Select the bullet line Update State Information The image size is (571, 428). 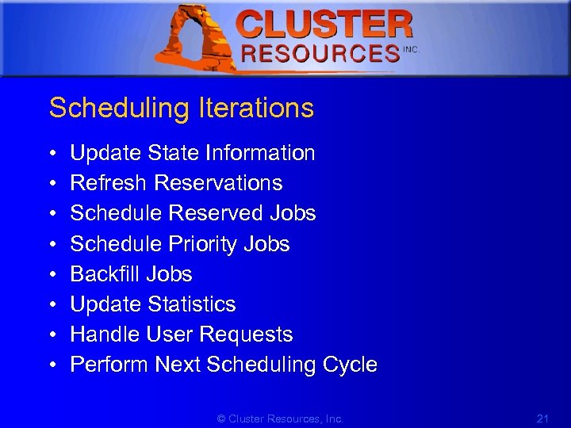click(193, 153)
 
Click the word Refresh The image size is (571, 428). click(109, 183)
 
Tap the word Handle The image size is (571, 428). click(105, 334)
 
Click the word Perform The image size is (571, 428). click(109, 365)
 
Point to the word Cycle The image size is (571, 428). click(350, 365)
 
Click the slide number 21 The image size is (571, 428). click(543, 418)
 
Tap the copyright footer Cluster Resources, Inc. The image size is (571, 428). click(281, 418)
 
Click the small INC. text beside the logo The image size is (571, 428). click(411, 49)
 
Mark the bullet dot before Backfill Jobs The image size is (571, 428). click(51, 275)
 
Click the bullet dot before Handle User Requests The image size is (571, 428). click(51, 335)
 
